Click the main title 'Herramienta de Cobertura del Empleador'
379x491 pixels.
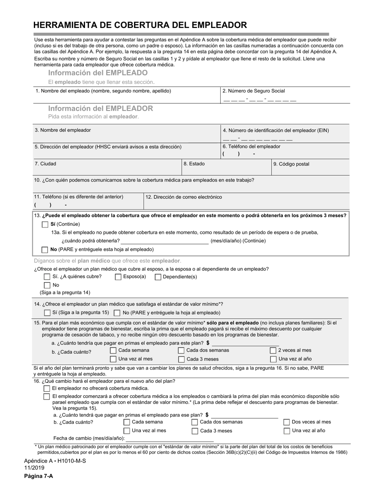140,25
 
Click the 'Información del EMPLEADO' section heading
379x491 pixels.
98,73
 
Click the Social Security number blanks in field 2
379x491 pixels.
260,100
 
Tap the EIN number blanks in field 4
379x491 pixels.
257,139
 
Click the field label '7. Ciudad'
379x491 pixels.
45,164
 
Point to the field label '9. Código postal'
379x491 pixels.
291,164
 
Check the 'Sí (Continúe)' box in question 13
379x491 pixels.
45,224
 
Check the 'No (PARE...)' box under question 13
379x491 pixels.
45,249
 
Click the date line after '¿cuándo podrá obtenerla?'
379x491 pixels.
164,241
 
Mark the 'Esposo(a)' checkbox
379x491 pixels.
118,277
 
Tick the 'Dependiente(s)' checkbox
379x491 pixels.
158,277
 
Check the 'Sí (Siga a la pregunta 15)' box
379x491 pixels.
47,313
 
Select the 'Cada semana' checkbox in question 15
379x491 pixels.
113,350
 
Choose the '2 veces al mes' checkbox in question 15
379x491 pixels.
273,350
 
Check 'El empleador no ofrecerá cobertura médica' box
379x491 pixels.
47,388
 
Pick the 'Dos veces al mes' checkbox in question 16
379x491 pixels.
286,422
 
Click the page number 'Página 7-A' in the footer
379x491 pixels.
38,476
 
